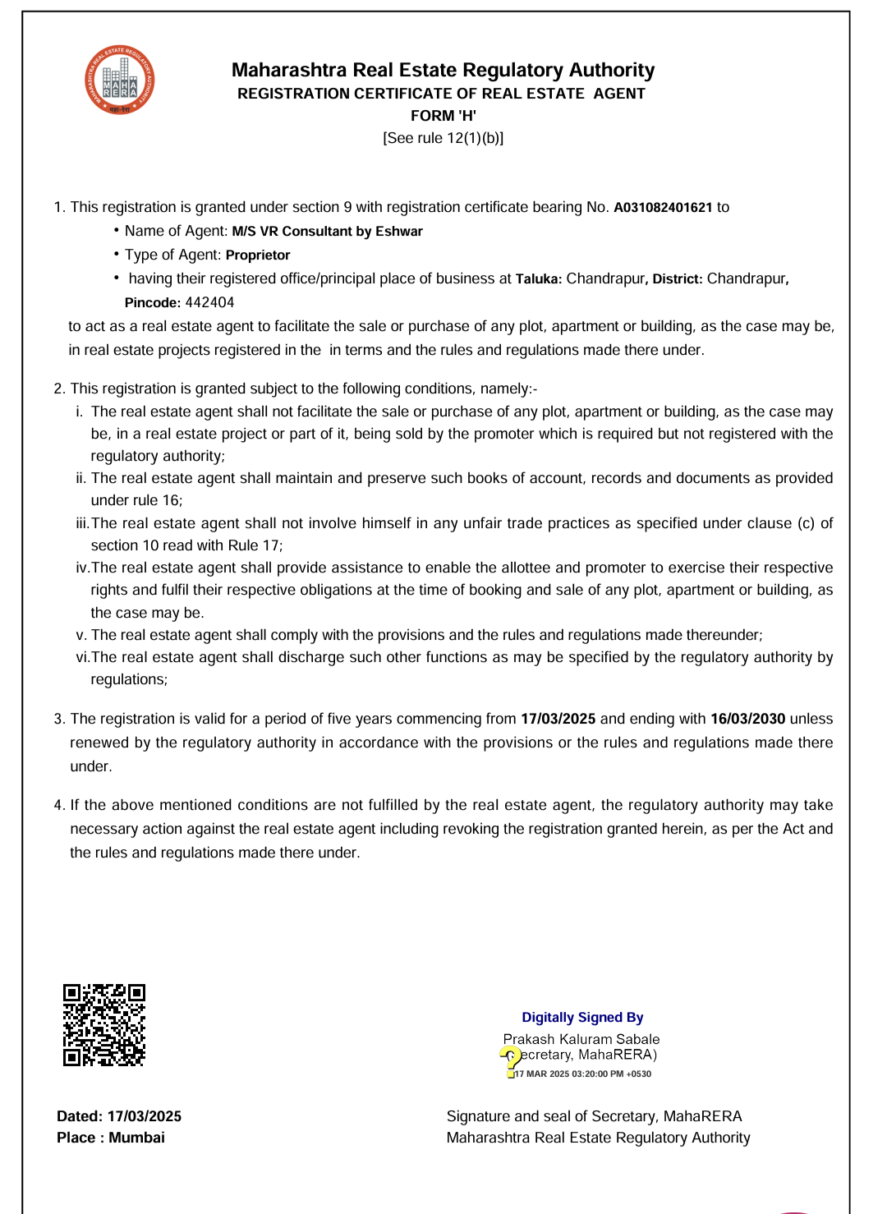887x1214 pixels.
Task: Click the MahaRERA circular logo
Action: (120, 80)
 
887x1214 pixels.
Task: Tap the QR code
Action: (104, 1025)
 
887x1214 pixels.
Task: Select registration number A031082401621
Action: (663, 208)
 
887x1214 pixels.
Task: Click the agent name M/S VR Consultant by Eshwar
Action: (327, 232)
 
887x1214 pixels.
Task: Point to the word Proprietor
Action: (258, 255)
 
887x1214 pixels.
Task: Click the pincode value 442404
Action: (209, 302)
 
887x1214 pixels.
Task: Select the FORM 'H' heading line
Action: (443, 116)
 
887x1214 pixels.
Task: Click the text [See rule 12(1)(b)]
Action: (443, 138)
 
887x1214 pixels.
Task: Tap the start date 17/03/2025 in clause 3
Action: (558, 719)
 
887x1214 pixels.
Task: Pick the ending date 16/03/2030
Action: (747, 719)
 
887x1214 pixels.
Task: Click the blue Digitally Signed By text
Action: (582, 1018)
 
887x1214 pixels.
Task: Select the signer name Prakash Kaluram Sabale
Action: (581, 1039)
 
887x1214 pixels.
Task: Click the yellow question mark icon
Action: (510, 1060)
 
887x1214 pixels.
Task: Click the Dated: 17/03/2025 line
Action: (119, 1116)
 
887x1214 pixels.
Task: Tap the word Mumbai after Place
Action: (136, 1138)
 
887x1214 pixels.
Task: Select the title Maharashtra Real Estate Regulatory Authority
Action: (443, 70)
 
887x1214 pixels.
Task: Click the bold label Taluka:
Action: (539, 279)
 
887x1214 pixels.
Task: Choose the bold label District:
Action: (678, 279)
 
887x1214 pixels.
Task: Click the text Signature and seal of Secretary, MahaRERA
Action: (594, 1116)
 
